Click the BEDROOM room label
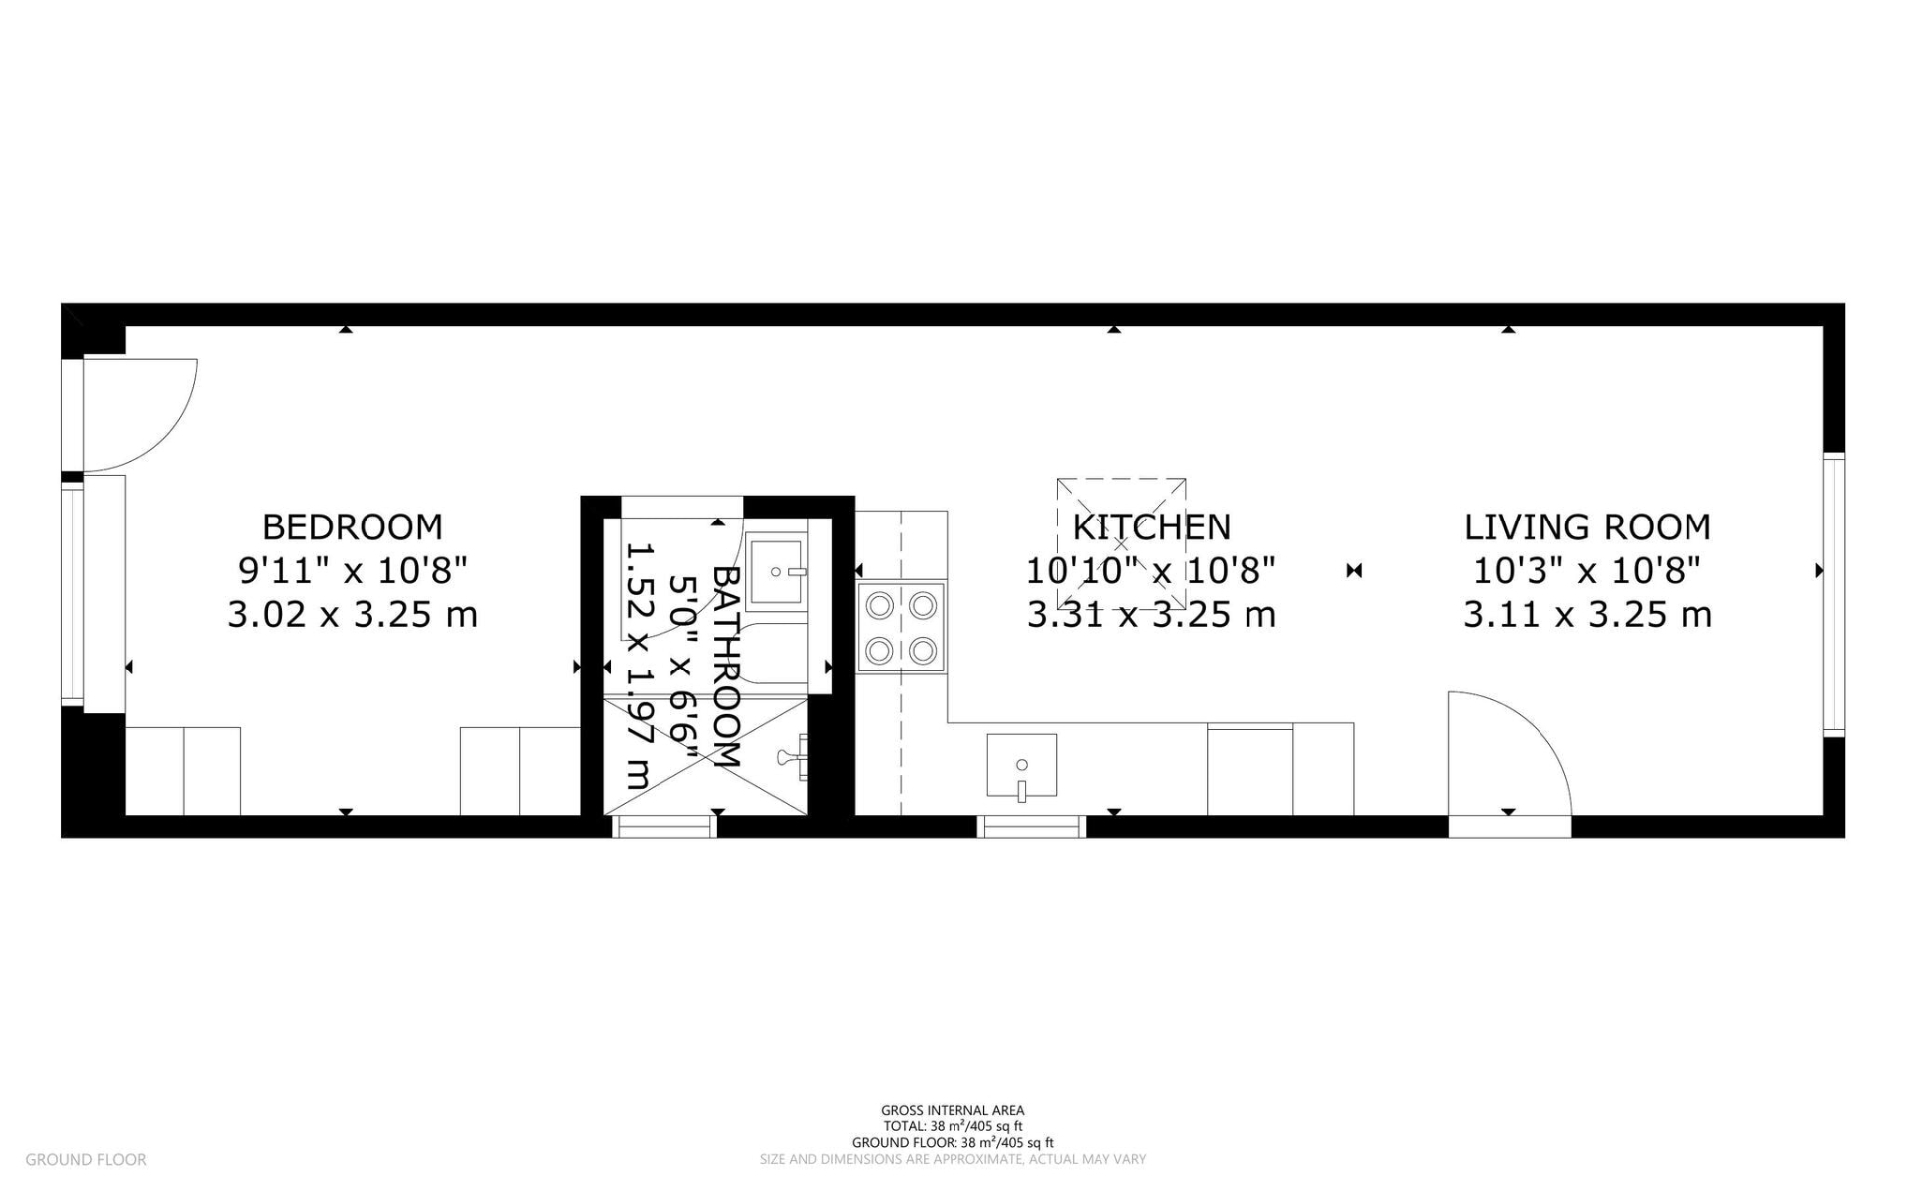point(352,526)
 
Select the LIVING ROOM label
point(1586,526)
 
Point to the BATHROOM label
point(727,666)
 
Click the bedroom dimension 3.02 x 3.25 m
point(352,615)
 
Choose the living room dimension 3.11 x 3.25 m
point(1586,615)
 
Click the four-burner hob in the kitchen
point(901,628)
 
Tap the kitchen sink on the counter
point(1021,767)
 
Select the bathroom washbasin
point(775,573)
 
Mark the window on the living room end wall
point(1834,594)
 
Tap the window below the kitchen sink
point(1031,825)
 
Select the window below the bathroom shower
point(663,825)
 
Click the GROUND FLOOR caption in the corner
point(85,1159)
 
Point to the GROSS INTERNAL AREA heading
point(952,1110)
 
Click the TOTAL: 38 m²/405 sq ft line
point(952,1126)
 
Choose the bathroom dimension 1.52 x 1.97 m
point(638,666)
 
